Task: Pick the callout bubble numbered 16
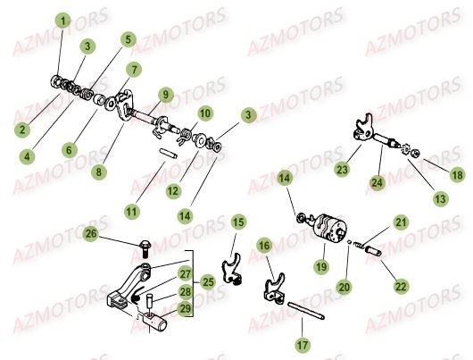coord(264,245)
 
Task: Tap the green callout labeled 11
coord(132,212)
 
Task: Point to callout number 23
coord(343,168)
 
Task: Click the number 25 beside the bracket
coord(206,281)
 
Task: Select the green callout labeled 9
coord(166,94)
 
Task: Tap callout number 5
coord(129,39)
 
